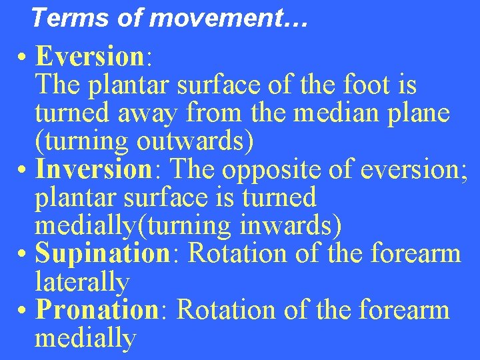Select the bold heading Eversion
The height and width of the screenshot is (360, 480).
click(x=90, y=57)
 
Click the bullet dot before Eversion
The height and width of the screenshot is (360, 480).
click(x=23, y=58)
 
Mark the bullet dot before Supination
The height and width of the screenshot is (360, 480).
click(x=23, y=255)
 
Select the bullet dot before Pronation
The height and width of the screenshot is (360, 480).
click(x=23, y=311)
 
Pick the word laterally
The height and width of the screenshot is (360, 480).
click(x=81, y=283)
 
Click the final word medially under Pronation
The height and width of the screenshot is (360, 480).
click(x=85, y=339)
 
